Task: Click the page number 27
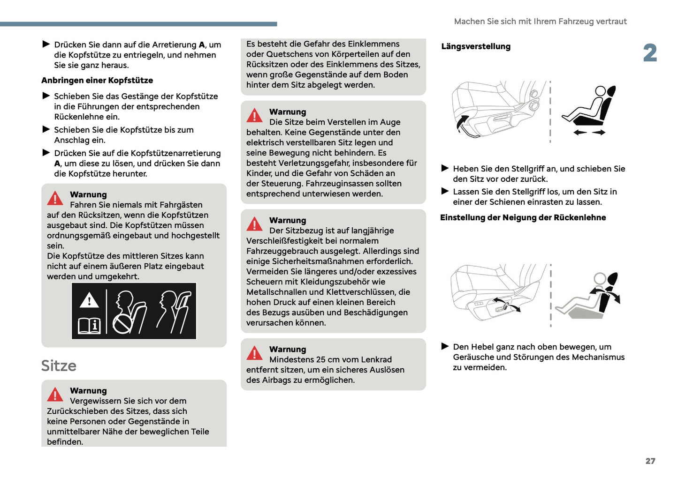coord(650,461)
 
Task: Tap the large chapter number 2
coord(650,53)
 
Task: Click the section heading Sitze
coord(59,365)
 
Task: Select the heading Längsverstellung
coord(476,46)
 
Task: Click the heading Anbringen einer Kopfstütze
coord(97,80)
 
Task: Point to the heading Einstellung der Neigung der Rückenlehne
coord(523,217)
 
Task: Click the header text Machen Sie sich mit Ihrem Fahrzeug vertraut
coord(540,22)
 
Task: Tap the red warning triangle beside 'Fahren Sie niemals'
coord(55,198)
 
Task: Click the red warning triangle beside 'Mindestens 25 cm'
coord(254,353)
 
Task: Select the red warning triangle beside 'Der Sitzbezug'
coord(254,224)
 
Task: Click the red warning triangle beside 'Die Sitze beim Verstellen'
coord(254,115)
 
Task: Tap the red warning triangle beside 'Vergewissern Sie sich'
coord(55,395)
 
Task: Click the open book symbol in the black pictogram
coord(89,325)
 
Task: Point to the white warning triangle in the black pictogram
coord(89,300)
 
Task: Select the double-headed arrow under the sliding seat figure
coord(589,133)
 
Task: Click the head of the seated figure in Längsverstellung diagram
coord(601,91)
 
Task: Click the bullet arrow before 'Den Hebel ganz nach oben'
coord(445,346)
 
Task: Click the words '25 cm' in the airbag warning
coord(327,359)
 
